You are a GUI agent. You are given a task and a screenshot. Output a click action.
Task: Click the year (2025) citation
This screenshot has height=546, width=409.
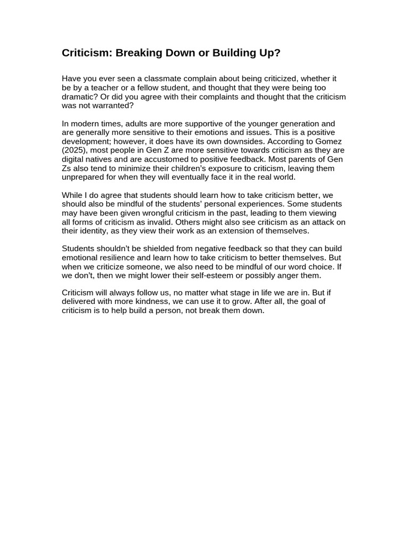click(x=75, y=150)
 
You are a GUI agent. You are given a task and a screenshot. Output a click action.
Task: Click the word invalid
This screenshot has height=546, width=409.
click(x=156, y=222)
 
